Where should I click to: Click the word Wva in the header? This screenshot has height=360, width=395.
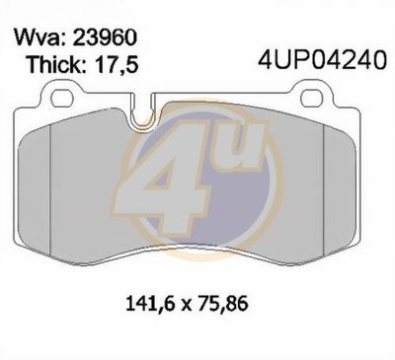pyautogui.click(x=37, y=38)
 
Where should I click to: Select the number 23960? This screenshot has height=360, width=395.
pyautogui.click(x=105, y=37)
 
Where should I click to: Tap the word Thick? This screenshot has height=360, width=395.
pyautogui.click(x=52, y=64)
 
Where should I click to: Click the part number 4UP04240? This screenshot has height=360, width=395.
pyautogui.click(x=322, y=60)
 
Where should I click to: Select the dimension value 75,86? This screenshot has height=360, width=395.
pyautogui.click(x=222, y=305)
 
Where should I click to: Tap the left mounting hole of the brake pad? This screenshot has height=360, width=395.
pyautogui.click(x=61, y=97)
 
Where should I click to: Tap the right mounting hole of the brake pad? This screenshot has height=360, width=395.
pyautogui.click(x=313, y=97)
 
